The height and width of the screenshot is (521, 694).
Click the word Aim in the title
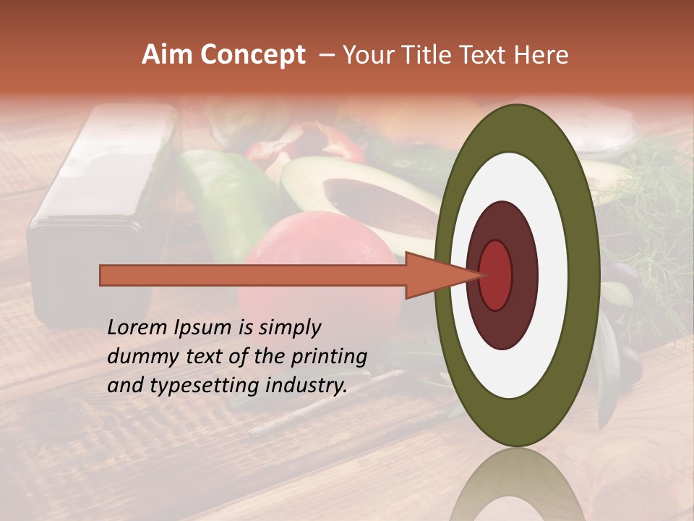tap(167, 55)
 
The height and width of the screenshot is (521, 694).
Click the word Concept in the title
tap(252, 55)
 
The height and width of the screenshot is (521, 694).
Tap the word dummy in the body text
tap(137, 357)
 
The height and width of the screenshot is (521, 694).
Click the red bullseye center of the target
tap(496, 275)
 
